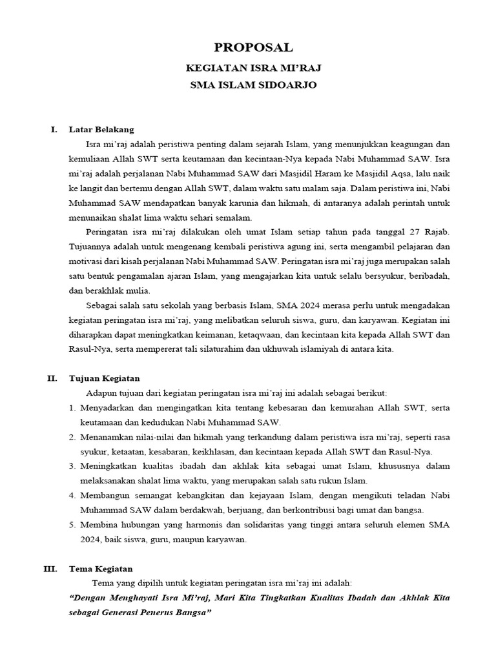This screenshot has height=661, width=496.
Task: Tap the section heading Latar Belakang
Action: pyautogui.click(x=101, y=129)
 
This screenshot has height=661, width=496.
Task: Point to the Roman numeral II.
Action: pyautogui.click(x=53, y=378)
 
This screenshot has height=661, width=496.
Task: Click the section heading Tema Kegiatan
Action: pyautogui.click(x=100, y=569)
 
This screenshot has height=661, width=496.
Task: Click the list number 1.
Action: pyautogui.click(x=72, y=408)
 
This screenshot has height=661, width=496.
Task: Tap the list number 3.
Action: pyautogui.click(x=72, y=466)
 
